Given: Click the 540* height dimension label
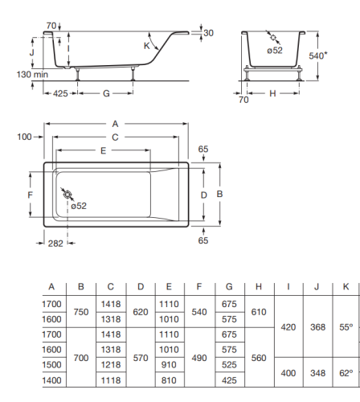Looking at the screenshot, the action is [318, 55].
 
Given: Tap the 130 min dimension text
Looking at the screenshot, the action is [32, 74].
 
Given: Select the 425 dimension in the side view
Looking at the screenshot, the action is [60, 93].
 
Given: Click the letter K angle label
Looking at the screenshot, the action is [146, 46].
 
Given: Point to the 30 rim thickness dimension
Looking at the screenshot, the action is [208, 33].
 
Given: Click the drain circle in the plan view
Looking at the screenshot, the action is [67, 195].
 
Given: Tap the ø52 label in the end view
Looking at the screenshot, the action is [275, 50].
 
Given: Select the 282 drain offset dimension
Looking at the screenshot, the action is [55, 244].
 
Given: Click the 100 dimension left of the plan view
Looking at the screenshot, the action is [24, 137].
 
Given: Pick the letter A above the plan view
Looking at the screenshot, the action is [115, 124].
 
